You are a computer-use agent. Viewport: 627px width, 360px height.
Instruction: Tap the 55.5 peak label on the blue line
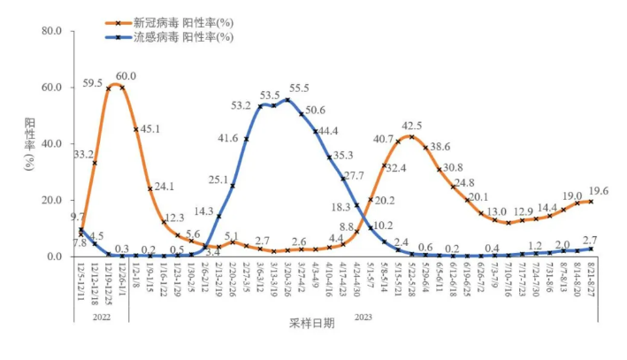(x=298, y=88)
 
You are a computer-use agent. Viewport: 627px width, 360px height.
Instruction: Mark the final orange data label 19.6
(x=600, y=190)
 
